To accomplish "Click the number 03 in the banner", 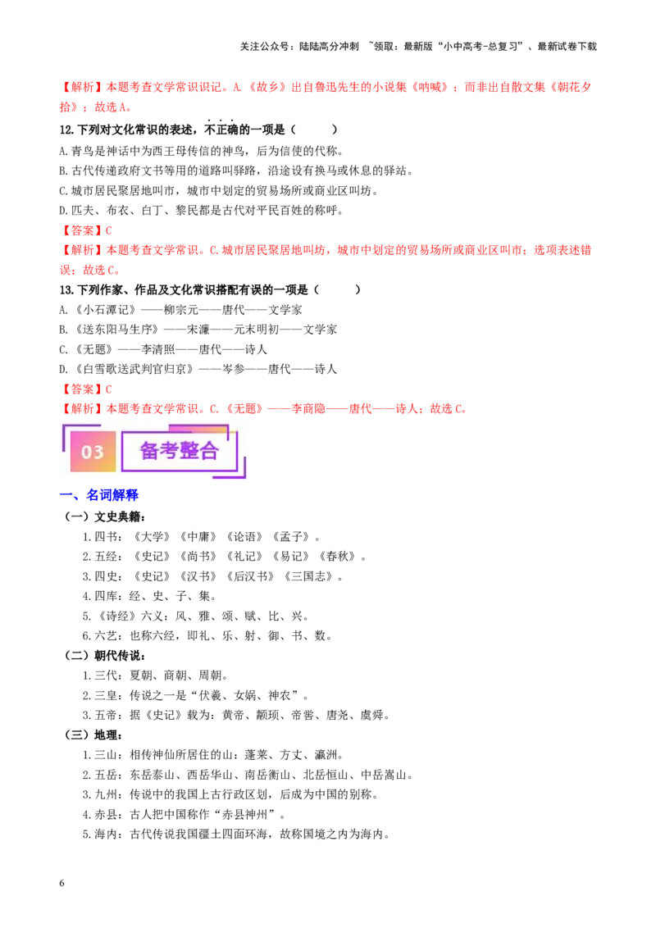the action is point(93,452).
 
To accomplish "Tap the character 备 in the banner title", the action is point(150,451).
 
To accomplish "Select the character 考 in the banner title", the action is point(170,451).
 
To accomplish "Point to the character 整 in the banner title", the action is point(189,451).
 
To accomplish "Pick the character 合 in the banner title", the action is point(209,451).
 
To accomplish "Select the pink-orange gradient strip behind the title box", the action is point(197,428).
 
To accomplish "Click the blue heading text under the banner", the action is point(112,496).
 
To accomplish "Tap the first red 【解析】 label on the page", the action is point(78,87).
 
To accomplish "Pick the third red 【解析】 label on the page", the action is point(78,407).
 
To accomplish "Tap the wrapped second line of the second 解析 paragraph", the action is point(90,269).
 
